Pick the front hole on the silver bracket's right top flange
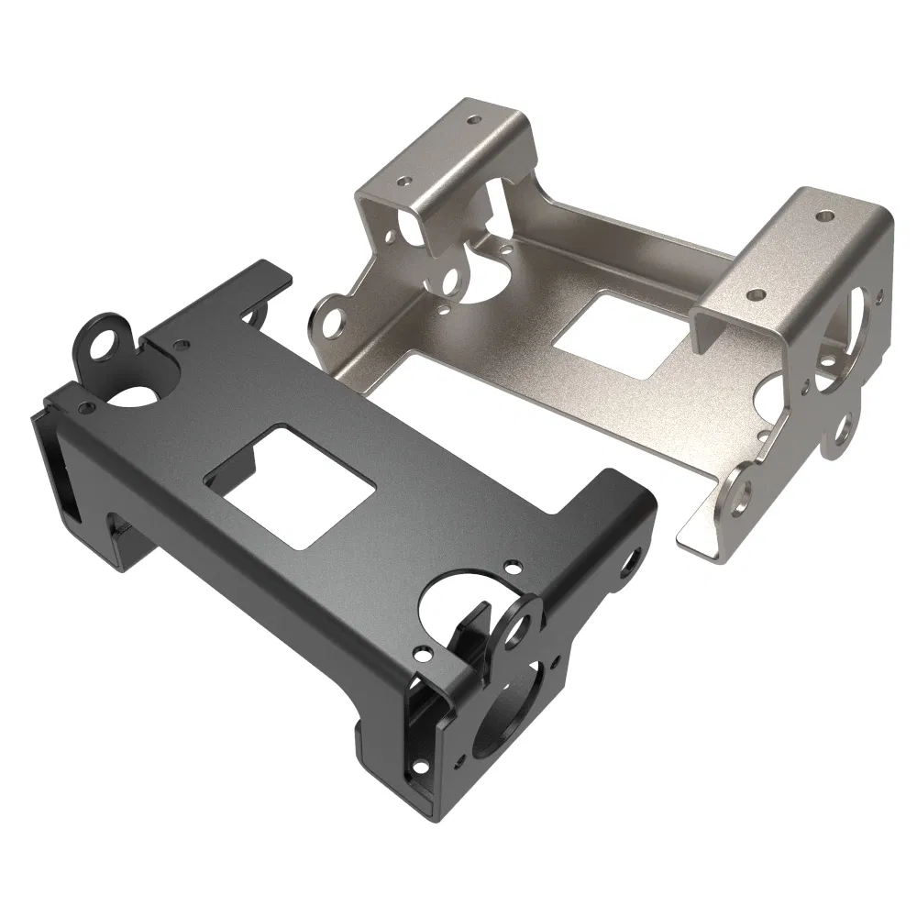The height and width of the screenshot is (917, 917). (757, 295)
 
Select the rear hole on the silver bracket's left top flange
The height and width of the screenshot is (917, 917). (473, 119)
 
